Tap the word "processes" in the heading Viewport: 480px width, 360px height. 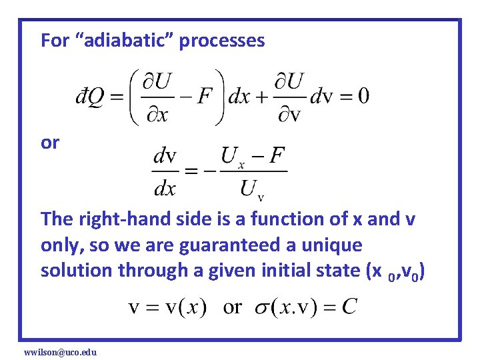click(222, 41)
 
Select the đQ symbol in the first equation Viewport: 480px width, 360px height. click(89, 96)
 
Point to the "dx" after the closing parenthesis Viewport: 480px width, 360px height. click(240, 96)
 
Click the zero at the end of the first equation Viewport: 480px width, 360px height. click(363, 96)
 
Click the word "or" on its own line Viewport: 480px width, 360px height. click(49, 143)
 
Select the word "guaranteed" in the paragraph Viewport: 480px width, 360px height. click(218, 245)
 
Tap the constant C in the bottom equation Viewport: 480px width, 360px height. click(349, 307)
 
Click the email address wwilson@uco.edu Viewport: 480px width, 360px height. click(60, 351)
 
